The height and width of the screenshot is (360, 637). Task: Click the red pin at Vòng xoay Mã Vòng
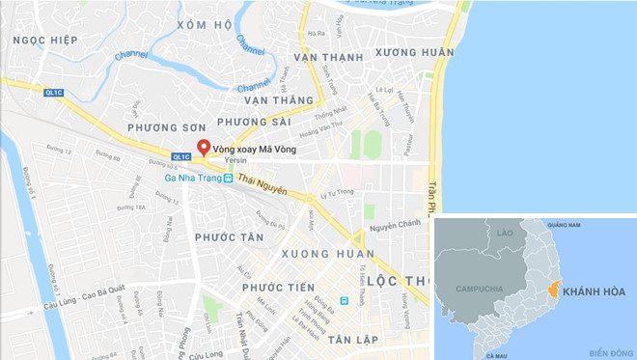204,148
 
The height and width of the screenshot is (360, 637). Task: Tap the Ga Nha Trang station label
189,178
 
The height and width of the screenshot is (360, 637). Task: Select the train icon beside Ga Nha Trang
228,178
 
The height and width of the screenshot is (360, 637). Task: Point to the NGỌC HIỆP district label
42,42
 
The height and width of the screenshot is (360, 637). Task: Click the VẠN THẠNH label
329,58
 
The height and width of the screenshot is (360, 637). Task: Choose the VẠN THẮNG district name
280,98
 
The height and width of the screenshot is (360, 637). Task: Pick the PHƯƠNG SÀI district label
254,122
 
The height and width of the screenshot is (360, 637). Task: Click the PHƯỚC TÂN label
229,235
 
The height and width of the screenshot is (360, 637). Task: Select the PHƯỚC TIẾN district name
279,288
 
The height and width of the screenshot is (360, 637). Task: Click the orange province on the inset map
553,289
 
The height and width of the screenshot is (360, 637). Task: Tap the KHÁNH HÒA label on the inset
595,291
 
